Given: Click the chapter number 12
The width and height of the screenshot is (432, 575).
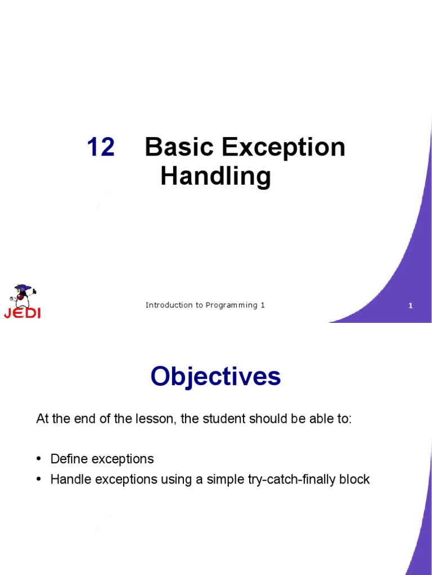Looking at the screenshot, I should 101,148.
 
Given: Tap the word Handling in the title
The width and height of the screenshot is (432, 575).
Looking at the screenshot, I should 215,177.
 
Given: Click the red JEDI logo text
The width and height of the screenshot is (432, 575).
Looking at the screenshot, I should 22,313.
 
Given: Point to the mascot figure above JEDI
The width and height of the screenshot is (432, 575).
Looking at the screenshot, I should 23,295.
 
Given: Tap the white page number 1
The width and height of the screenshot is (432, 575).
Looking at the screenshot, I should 411,306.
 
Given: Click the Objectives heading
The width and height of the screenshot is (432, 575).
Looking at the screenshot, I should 215,377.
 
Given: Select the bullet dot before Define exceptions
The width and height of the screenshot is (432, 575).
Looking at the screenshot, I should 39,459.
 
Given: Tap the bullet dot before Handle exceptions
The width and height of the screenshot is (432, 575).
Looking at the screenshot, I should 39,480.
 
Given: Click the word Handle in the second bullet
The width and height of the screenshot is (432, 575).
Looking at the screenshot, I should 69,480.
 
